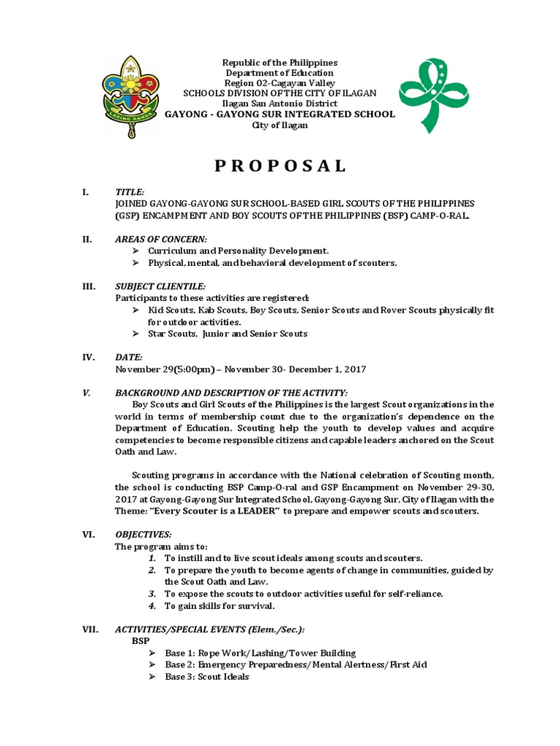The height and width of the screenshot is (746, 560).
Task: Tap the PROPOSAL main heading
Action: [280, 166]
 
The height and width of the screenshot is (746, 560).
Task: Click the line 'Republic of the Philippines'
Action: [280, 63]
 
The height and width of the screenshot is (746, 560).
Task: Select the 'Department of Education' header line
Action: [280, 73]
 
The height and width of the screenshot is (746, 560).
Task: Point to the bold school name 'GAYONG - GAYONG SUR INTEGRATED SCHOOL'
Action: [280, 114]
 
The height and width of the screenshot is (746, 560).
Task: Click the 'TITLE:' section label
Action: [130, 192]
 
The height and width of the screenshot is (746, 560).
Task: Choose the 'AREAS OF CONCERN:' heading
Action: [161, 239]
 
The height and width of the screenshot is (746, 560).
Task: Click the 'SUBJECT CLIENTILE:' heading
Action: [160, 286]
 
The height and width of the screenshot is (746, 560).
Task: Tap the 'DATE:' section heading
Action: [129, 357]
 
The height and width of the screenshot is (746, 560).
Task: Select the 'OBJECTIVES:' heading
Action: [144, 534]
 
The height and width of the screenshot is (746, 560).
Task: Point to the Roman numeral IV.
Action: [87, 357]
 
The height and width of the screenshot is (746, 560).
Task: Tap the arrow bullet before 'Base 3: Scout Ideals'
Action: [151, 676]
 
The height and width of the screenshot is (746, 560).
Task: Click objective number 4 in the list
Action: [152, 605]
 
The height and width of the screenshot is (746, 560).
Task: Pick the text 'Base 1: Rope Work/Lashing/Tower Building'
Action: [260, 653]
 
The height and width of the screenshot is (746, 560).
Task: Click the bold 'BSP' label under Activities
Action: [140, 640]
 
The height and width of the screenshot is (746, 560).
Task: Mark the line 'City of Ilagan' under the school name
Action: [280, 125]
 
